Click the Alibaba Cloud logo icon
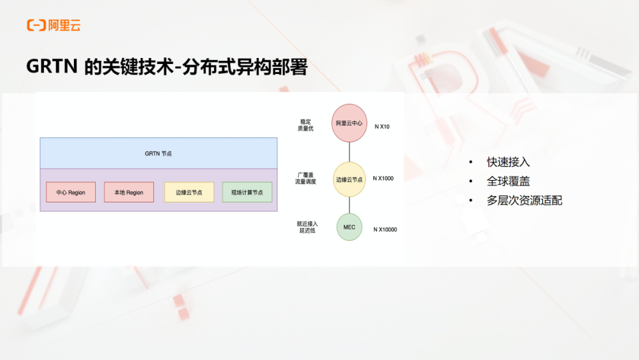point(36,25)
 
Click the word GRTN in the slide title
point(51,66)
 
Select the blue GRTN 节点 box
point(159,153)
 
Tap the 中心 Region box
point(71,192)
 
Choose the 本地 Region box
point(129,192)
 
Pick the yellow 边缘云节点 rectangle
point(189,192)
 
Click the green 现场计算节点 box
point(247,192)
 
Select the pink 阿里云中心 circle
point(349,123)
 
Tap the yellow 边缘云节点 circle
point(349,179)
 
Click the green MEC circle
point(349,227)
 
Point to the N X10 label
point(382,127)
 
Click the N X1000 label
point(383,178)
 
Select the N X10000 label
point(385,230)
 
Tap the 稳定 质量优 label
point(306,125)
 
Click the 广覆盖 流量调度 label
point(306,178)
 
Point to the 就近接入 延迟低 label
point(307,227)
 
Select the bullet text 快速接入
point(508,162)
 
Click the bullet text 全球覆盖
point(508,181)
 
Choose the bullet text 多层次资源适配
point(524,200)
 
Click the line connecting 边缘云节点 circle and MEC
point(349,205)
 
